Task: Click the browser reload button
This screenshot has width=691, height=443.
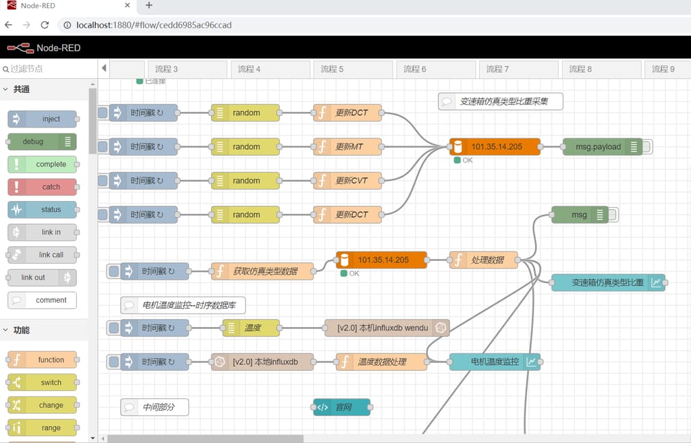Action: click(45, 25)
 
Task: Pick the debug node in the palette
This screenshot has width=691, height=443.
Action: click(42, 142)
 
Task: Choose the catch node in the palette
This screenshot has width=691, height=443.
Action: click(42, 187)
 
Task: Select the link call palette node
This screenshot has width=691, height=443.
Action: click(42, 255)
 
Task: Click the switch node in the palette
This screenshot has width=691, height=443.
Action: click(42, 382)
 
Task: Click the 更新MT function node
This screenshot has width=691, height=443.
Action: click(348, 146)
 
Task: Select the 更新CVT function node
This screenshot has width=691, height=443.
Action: click(348, 181)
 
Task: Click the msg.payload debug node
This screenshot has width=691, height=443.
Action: click(598, 146)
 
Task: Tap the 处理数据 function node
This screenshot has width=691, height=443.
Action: click(483, 260)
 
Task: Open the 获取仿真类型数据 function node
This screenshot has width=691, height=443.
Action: click(263, 271)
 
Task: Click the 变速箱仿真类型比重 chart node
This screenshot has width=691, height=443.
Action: click(607, 283)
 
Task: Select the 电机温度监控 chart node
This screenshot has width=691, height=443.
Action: click(494, 361)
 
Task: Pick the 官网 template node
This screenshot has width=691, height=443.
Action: click(342, 407)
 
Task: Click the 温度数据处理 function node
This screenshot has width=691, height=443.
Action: click(381, 361)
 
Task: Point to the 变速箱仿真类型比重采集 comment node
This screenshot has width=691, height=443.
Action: click(501, 102)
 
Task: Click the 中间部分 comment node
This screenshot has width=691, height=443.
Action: click(155, 407)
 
